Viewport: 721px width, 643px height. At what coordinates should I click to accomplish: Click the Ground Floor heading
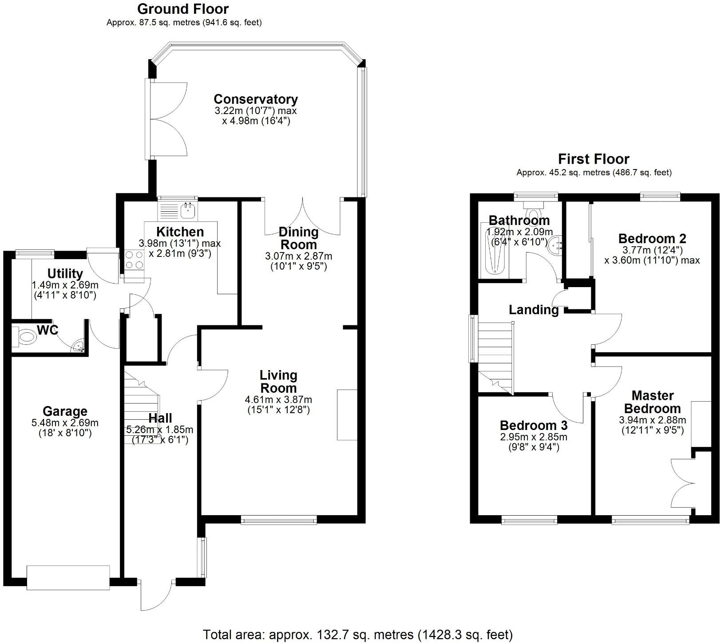point(183,9)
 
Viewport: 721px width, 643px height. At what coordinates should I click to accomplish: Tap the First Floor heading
point(594,159)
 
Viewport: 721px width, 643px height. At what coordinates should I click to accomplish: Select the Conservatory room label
point(256,99)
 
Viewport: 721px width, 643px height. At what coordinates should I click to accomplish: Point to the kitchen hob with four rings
point(134,260)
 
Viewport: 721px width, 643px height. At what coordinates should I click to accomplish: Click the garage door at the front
point(68,577)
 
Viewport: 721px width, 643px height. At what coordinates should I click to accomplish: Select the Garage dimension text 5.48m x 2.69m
point(65,423)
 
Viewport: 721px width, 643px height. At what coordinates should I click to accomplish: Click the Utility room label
point(65,273)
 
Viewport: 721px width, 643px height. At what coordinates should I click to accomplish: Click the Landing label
point(533,310)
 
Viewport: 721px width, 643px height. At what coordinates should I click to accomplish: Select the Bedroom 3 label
point(533,426)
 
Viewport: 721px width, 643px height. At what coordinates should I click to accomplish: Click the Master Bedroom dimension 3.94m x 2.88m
point(652,420)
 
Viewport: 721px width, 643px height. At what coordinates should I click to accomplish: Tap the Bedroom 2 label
point(652,238)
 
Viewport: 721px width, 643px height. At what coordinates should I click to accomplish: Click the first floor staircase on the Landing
point(495,355)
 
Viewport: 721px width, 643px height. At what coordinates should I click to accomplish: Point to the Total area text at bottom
point(358,635)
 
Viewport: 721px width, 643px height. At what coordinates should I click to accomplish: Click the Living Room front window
point(279,520)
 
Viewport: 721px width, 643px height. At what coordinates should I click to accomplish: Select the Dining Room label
point(298,238)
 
